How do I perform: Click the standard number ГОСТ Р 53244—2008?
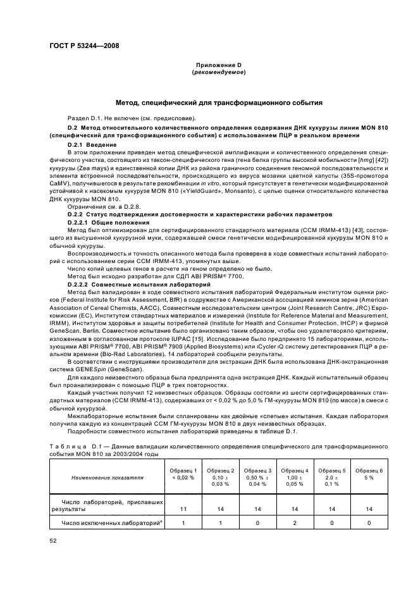coord(83,46)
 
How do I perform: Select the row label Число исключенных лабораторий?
coord(104,524)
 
